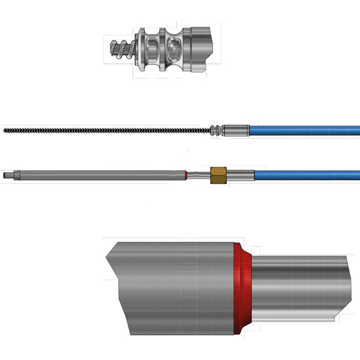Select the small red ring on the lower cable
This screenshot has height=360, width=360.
(x=187, y=175)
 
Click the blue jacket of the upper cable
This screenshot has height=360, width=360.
(x=306, y=130)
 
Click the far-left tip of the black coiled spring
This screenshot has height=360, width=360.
(x=5, y=130)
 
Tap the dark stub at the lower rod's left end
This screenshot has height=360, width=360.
(x=7, y=175)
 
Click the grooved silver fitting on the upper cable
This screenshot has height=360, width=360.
(x=216, y=130)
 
